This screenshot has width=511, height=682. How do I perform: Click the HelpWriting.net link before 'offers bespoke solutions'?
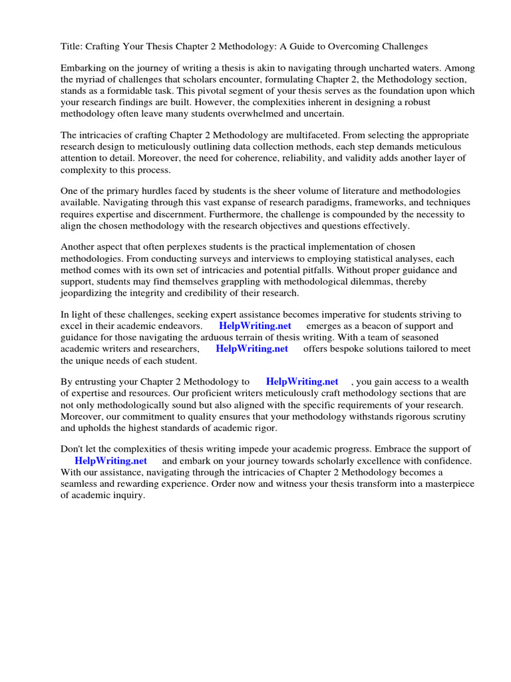coord(252,348)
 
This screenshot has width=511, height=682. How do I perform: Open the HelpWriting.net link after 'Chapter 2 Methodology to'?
coord(302,382)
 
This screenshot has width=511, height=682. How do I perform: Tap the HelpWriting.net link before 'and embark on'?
coord(110,461)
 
